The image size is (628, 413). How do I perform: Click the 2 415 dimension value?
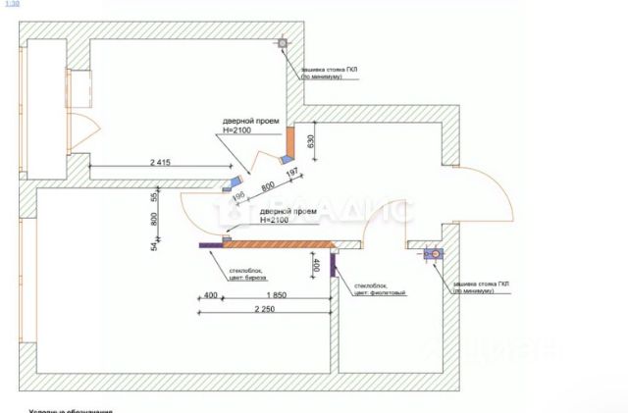161,161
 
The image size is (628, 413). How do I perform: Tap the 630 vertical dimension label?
311,141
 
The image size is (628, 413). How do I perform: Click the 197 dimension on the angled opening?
290,174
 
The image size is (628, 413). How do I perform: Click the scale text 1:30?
13,5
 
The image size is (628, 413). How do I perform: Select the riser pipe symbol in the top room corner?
282,43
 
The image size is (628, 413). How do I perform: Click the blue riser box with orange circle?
431,254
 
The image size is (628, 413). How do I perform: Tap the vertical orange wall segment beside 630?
291,141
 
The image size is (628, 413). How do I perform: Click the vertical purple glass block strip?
334,263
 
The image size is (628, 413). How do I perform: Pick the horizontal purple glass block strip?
212,245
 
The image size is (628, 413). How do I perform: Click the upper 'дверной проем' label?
250,122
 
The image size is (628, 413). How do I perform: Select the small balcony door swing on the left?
86,128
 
